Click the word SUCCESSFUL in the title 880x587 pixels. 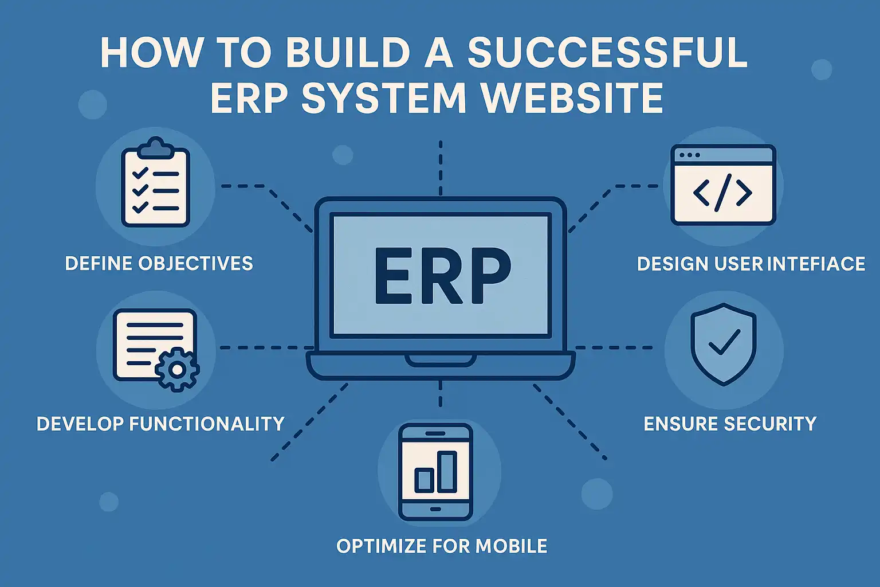pyautogui.click(x=607, y=53)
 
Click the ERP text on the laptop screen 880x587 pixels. pyautogui.click(x=442, y=277)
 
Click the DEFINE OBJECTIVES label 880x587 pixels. pyautogui.click(x=159, y=264)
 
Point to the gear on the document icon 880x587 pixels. pyautogui.click(x=178, y=370)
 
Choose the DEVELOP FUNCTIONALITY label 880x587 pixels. pyautogui.click(x=160, y=424)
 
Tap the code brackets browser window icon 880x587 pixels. pyautogui.click(x=723, y=185)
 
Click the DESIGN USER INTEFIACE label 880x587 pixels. pyautogui.click(x=751, y=264)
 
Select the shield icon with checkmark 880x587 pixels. pyautogui.click(x=723, y=344)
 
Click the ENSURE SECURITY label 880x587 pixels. pyautogui.click(x=730, y=424)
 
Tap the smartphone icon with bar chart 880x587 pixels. pyautogui.click(x=435, y=472)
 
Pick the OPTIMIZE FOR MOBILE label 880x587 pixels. pyautogui.click(x=442, y=546)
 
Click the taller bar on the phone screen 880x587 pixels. pyautogui.click(x=447, y=472)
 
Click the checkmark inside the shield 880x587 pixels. pyautogui.click(x=724, y=342)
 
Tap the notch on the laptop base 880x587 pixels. pyautogui.click(x=440, y=361)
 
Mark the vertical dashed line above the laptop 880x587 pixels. pyautogui.click(x=440, y=167)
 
